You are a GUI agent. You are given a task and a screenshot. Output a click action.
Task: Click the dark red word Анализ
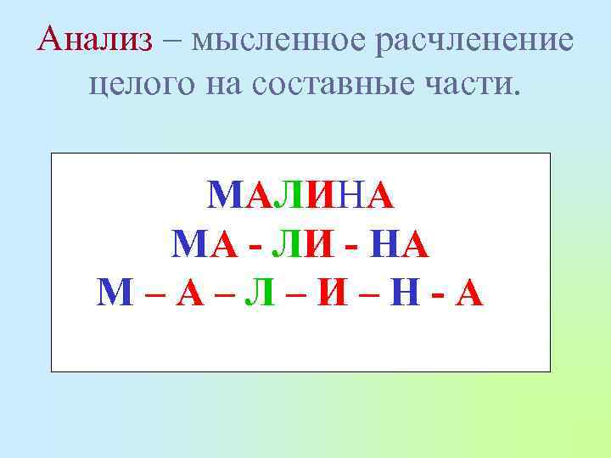tap(95, 39)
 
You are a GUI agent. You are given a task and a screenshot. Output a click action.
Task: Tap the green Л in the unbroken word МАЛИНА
tap(288, 198)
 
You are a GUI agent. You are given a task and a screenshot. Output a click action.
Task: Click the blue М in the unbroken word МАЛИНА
tap(224, 198)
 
